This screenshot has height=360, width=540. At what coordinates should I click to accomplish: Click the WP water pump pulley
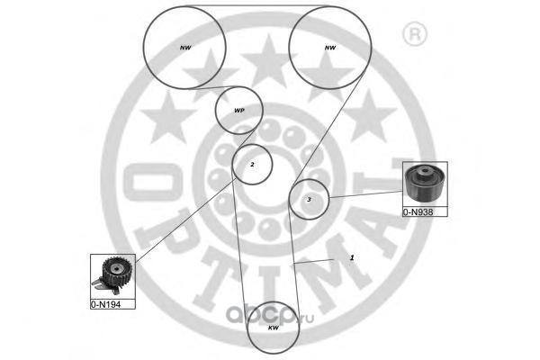tap(238, 111)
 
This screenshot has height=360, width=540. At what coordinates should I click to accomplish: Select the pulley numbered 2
tap(252, 164)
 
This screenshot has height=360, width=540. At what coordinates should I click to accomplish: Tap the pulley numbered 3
tap(309, 199)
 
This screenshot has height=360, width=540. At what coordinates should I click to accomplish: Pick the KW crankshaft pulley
tap(273, 328)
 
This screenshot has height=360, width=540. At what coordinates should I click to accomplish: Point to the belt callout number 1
tap(352, 256)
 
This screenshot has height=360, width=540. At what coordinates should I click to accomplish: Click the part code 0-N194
tap(106, 304)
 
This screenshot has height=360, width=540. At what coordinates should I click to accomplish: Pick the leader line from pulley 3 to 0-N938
tap(364, 195)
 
